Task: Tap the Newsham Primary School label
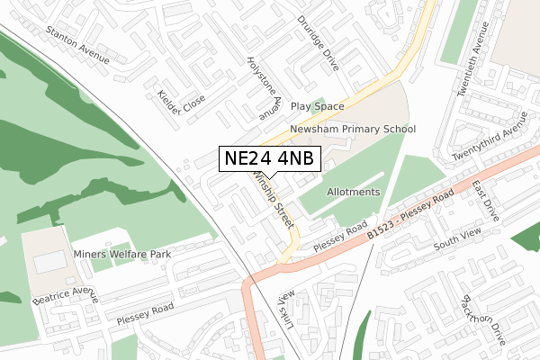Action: [x=353, y=130]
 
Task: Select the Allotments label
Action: [x=354, y=193]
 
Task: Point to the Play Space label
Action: [x=317, y=106]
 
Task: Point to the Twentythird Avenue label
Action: [x=489, y=143]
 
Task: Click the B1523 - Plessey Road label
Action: [x=409, y=216]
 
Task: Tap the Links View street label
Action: [x=285, y=309]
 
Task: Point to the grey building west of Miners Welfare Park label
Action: [x=49, y=262]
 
